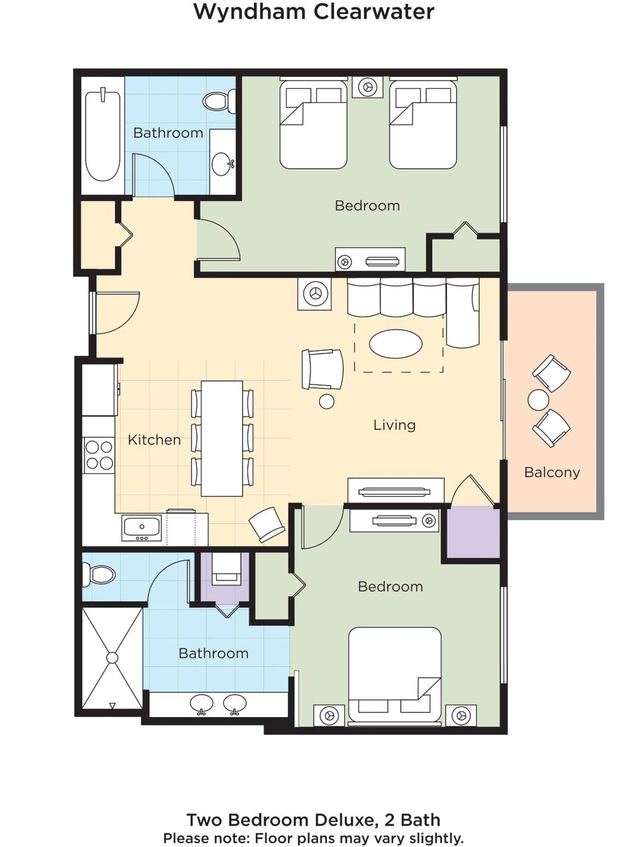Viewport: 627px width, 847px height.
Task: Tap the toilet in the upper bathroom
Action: (218, 101)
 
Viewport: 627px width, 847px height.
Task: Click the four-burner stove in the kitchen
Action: (99, 455)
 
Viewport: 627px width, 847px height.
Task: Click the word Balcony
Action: (552, 472)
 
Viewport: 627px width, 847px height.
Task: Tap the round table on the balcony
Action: (538, 400)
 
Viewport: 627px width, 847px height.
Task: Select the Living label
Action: (394, 425)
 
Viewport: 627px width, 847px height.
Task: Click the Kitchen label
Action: (154, 440)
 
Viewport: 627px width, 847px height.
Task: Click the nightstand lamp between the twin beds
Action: (367, 87)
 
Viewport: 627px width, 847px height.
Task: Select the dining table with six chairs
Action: (222, 438)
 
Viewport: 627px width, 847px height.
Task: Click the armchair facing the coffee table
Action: (323, 369)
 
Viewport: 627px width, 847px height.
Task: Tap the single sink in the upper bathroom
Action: (221, 164)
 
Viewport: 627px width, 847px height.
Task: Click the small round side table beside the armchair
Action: (326, 401)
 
